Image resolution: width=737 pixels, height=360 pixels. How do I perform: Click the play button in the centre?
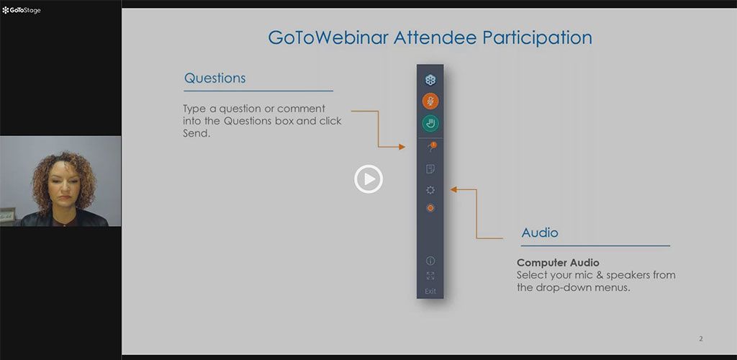click(x=368, y=179)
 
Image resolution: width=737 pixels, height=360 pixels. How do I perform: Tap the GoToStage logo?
click(x=21, y=10)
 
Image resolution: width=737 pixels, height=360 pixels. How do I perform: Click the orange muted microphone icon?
click(x=430, y=101)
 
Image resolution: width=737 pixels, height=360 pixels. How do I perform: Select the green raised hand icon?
click(x=430, y=124)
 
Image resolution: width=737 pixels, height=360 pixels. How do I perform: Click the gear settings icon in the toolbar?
click(x=430, y=190)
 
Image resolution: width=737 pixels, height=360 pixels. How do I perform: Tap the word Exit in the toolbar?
click(x=430, y=292)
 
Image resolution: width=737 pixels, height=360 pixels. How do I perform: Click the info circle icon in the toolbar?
click(x=430, y=261)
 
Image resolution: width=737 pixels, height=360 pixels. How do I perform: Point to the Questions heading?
click(x=214, y=78)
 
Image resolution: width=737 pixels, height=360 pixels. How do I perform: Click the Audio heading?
click(x=540, y=233)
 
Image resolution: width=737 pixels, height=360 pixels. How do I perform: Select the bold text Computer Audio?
click(x=558, y=263)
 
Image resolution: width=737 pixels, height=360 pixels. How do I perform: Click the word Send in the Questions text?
click(x=196, y=133)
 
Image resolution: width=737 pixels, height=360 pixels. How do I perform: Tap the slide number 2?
click(x=701, y=339)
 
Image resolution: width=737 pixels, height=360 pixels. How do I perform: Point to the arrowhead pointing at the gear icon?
click(x=453, y=190)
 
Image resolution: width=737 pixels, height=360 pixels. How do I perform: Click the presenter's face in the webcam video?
click(x=63, y=184)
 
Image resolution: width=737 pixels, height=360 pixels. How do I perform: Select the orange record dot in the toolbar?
click(x=430, y=208)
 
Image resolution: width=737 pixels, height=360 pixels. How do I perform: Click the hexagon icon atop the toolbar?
click(x=430, y=80)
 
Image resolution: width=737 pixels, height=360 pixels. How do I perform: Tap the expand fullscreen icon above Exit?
click(x=430, y=276)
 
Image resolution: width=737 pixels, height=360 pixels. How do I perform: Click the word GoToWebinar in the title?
click(x=328, y=37)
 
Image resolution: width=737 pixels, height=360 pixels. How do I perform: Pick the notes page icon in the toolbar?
click(x=430, y=169)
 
